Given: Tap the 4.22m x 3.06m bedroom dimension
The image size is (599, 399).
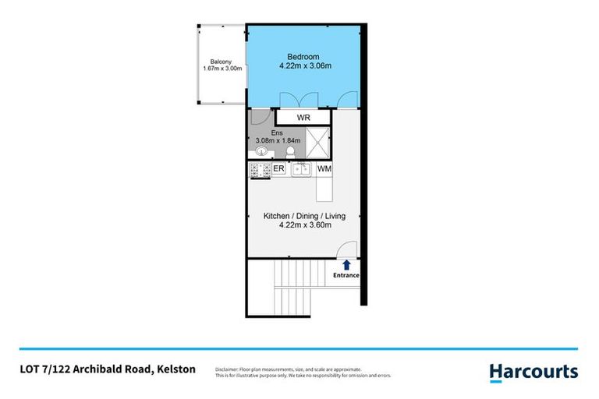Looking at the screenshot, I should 305,66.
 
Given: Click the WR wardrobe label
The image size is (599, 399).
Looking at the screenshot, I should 304,118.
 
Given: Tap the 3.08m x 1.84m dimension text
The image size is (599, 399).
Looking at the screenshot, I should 277,141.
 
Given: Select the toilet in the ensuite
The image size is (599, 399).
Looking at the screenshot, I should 290,153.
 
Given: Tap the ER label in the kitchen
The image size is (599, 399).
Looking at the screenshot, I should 278,168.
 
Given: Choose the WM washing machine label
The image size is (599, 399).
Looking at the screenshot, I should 325,168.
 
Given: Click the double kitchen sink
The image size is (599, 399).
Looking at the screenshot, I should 302,169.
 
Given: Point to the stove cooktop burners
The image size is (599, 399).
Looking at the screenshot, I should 259,169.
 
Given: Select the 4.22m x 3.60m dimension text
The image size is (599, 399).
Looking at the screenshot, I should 305,225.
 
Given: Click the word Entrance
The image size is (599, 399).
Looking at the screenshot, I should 346,275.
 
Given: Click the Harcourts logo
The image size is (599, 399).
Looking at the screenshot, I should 533,372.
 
